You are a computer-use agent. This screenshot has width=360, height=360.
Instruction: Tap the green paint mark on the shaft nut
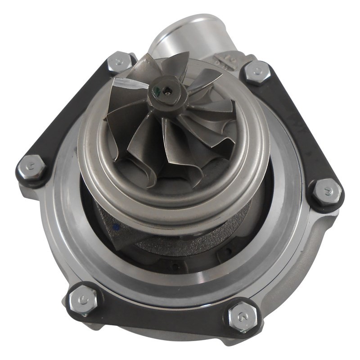tap(157, 93)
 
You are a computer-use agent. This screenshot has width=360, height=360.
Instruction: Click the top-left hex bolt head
tap(119, 63)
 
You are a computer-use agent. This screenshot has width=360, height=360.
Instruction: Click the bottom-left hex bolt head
tap(83, 298)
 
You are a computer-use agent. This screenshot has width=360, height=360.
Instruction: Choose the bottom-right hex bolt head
tap(243, 316)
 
